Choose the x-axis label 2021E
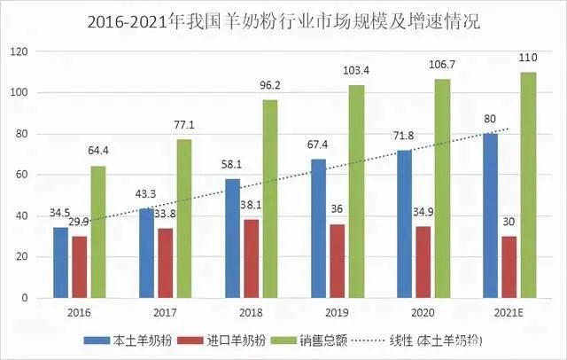(x=509, y=312)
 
